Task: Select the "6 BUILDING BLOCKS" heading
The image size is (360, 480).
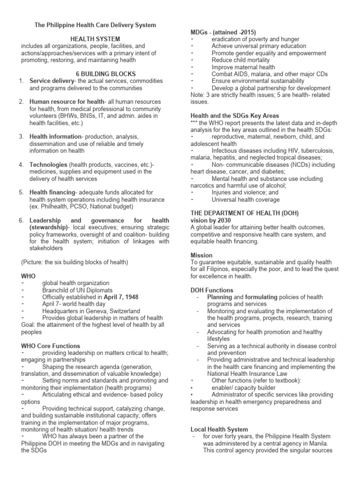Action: tap(105, 74)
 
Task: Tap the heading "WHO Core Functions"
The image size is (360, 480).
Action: tap(51, 346)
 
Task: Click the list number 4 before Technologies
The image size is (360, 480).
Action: tap(21, 165)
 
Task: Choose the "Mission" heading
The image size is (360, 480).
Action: tap(202, 255)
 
